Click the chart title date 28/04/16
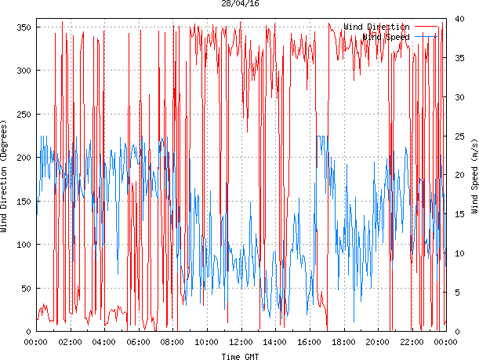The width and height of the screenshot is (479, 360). pyautogui.click(x=240, y=4)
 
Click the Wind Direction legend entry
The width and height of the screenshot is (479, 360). pyautogui.click(x=376, y=27)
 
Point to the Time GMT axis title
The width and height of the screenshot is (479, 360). pyautogui.click(x=240, y=356)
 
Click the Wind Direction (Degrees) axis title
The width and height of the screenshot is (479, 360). pyautogui.click(x=5, y=176)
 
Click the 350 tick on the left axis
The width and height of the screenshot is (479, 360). pyautogui.click(x=22, y=27)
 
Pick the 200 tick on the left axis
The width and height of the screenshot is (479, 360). pyautogui.click(x=22, y=158)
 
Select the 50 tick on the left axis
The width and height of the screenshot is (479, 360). pyautogui.click(x=24, y=289)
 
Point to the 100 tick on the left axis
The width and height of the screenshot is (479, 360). pyautogui.click(x=22, y=245)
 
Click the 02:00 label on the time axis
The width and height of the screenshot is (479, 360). pyautogui.click(x=71, y=343)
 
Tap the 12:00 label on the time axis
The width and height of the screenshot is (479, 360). pyautogui.click(x=241, y=343)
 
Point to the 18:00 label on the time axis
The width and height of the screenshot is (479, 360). pyautogui.click(x=343, y=343)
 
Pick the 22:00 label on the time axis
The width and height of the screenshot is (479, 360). pyautogui.click(x=412, y=343)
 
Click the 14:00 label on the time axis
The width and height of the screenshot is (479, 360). pyautogui.click(x=275, y=343)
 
